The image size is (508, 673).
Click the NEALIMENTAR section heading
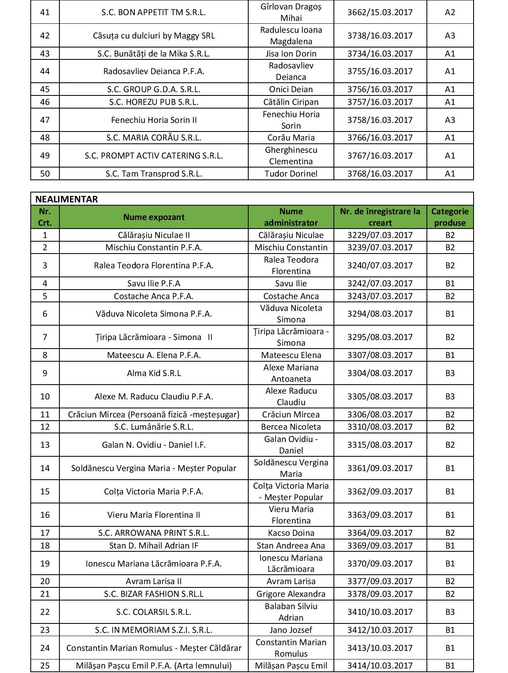coord(67,199)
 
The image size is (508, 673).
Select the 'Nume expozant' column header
coord(154,217)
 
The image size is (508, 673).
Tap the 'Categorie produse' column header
coord(449,217)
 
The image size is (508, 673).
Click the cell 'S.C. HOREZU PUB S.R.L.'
coord(154,102)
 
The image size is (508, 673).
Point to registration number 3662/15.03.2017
coord(380,12)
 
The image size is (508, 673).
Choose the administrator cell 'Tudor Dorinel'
coord(291,174)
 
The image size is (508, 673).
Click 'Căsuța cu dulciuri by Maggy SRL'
coord(154,36)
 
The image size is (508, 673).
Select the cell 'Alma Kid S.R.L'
coord(154,373)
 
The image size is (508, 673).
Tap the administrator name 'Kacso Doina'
coord(291,533)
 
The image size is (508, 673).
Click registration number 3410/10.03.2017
coord(380,612)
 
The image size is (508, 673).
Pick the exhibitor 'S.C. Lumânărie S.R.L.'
coord(154,427)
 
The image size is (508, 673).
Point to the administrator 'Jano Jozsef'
coord(291,630)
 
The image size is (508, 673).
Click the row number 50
coord(45,174)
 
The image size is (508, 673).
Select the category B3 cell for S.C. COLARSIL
coord(450,612)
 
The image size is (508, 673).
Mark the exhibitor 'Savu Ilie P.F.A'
coord(154,283)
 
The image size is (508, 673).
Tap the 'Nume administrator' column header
coord(291,217)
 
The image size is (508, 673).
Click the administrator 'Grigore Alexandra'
coord(291,594)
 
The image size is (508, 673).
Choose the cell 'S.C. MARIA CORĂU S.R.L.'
coord(154,138)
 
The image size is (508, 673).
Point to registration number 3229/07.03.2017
coord(380,235)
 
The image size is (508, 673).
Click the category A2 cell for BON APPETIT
coord(450,12)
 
